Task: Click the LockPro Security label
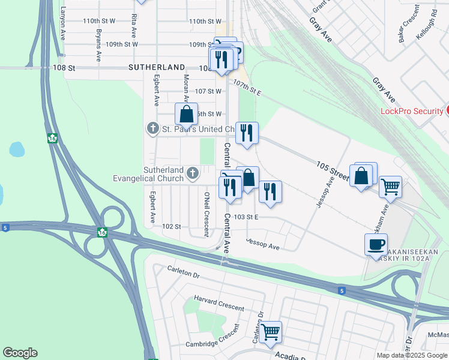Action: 411,111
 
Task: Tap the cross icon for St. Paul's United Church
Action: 153,129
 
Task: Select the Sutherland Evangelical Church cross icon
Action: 193,174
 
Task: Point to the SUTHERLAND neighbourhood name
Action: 156,68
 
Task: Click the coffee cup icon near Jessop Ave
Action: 376,244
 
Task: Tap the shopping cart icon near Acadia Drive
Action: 271,331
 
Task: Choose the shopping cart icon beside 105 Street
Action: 390,187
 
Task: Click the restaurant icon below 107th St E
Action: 247,133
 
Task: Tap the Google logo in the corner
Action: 20,353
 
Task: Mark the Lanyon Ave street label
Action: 63,23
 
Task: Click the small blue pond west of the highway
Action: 17,149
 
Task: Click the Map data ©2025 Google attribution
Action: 411,355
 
